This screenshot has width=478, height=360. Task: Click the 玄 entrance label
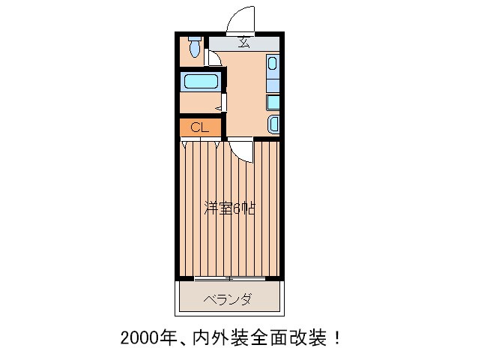tap(244, 42)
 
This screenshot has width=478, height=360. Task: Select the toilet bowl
tap(195, 52)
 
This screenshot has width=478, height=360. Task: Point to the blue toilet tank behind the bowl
tap(195, 38)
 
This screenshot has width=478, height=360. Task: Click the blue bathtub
tap(200, 81)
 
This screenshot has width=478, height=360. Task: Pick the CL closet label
tap(199, 127)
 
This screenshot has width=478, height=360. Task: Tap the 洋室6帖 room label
tap(229, 209)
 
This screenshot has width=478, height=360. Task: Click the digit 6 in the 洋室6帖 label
tap(237, 209)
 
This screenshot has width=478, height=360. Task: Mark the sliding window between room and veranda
tap(230, 278)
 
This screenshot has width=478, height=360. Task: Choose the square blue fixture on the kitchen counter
tap(273, 101)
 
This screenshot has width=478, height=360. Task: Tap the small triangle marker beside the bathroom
tap(218, 109)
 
